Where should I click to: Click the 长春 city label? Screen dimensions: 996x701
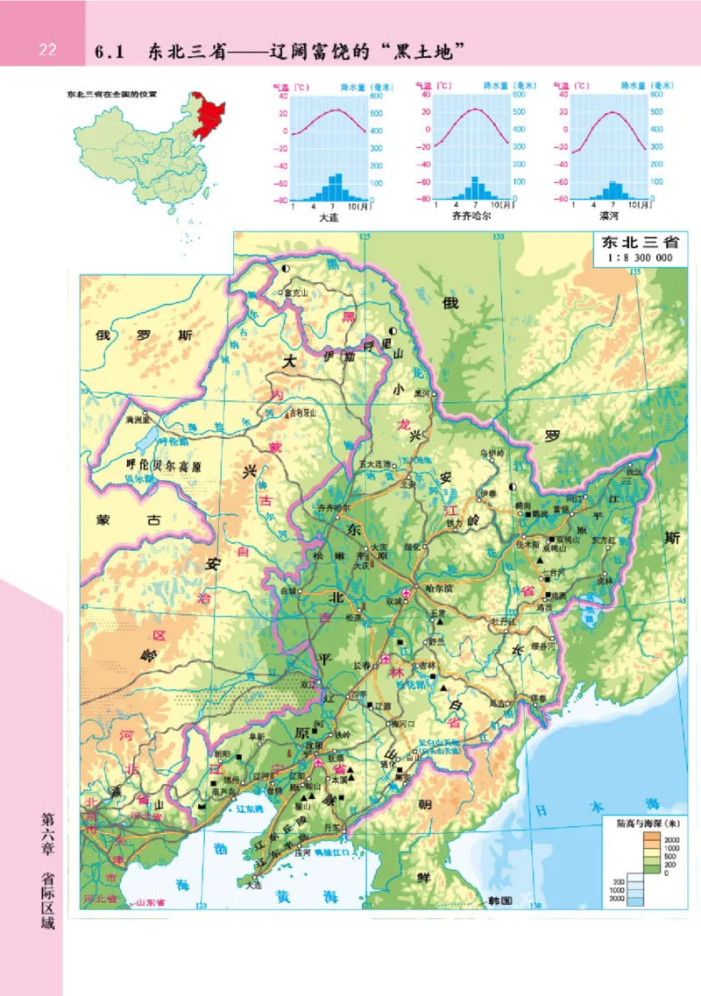click(363, 665)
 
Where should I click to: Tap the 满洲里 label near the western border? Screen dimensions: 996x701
click(138, 420)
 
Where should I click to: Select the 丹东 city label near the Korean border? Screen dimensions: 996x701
click(331, 826)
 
